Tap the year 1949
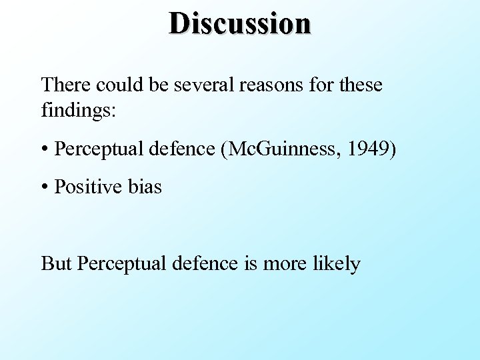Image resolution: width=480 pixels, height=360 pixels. (369, 149)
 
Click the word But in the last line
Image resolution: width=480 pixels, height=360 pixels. (56, 263)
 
